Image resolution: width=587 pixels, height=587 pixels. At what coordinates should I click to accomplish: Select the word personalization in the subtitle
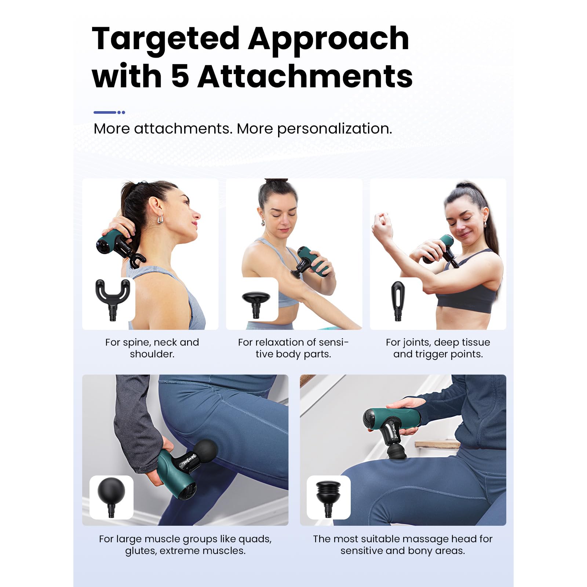(334, 129)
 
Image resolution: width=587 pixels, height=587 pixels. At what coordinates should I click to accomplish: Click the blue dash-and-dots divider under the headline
(109, 112)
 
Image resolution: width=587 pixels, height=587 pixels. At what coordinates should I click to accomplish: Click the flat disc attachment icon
(256, 304)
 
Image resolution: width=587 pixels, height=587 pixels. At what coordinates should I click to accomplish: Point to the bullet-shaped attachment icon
(398, 301)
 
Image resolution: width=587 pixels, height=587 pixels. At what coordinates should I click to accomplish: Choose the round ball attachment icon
(111, 497)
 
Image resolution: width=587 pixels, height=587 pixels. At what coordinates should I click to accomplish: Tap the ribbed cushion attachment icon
(328, 498)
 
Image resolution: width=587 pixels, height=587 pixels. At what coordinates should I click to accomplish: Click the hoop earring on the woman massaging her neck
(160, 219)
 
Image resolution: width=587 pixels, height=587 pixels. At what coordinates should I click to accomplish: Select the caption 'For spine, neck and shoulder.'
(152, 348)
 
